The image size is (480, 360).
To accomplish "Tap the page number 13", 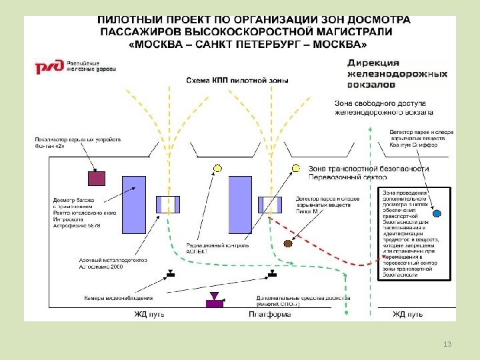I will (447, 343).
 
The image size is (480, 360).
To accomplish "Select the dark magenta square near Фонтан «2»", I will (97, 178).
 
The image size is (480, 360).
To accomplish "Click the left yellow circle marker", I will (216, 168).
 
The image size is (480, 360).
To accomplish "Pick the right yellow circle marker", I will (295, 168).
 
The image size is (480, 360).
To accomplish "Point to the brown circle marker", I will (288, 244).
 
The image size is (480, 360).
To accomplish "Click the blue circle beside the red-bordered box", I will (437, 214).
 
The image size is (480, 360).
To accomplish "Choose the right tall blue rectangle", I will (239, 205).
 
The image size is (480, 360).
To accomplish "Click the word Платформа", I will (269, 314).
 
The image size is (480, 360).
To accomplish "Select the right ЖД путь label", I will (407, 314).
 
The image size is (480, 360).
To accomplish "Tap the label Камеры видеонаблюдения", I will (118, 298).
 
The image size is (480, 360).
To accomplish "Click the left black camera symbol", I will (170, 273).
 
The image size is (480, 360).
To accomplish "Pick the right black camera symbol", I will (271, 273).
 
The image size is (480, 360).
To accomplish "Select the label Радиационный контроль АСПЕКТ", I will (217, 249).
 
